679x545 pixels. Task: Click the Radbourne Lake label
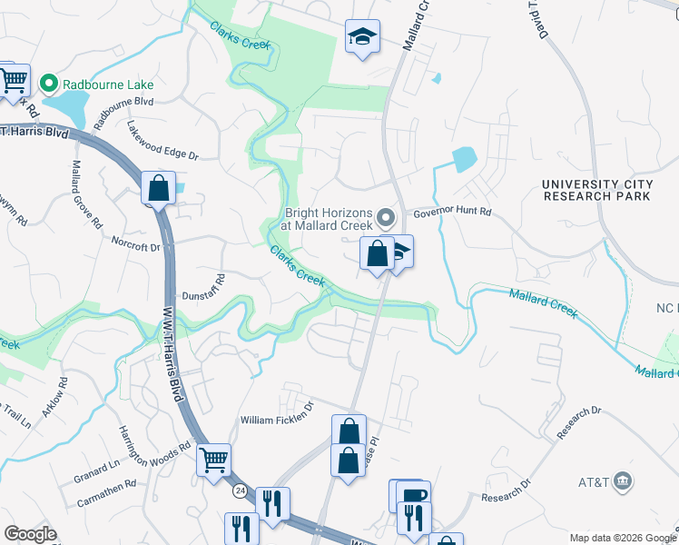(x=108, y=84)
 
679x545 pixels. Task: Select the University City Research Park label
(x=596, y=190)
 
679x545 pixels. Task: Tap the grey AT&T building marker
(x=623, y=480)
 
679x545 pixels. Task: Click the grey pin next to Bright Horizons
(x=387, y=218)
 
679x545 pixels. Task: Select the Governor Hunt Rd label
(x=452, y=212)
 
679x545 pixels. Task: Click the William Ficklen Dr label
(x=276, y=420)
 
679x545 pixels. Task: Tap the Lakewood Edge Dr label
(x=162, y=141)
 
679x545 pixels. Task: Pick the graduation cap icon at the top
(x=362, y=36)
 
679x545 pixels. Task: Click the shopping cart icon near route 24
(x=213, y=460)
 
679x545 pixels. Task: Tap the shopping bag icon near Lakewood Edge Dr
(x=158, y=189)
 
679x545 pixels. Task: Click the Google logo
(x=30, y=534)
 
